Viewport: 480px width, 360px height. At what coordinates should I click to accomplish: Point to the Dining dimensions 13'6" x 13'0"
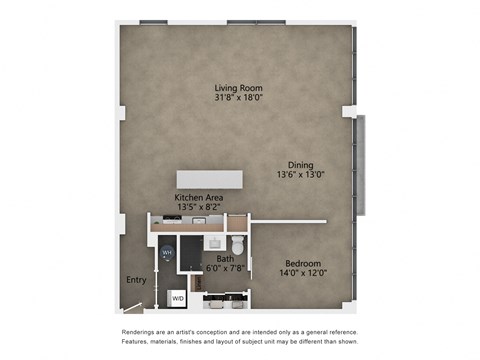click(x=301, y=174)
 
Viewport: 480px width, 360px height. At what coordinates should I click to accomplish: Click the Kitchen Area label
click(x=199, y=198)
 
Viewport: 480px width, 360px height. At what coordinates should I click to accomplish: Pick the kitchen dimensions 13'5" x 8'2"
click(x=199, y=208)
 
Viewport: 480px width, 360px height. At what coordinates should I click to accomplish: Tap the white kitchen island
click(x=211, y=178)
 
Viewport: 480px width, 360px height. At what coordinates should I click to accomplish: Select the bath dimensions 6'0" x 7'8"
click(x=226, y=269)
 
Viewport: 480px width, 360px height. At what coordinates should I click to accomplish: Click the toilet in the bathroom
click(x=238, y=246)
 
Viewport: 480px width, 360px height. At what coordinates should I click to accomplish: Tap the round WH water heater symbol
click(x=167, y=254)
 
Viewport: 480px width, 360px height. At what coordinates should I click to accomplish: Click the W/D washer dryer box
click(x=177, y=297)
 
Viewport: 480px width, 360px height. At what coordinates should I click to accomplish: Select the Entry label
click(x=136, y=280)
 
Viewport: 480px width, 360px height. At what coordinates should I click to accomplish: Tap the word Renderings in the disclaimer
click(x=141, y=331)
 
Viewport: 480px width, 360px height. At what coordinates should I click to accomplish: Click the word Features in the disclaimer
click(x=139, y=342)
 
